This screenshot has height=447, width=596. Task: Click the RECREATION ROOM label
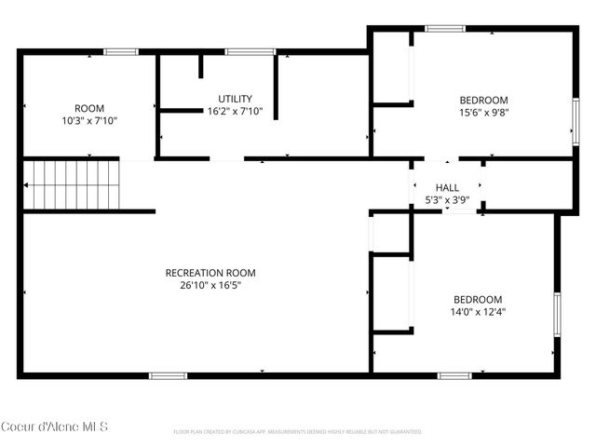click(210, 273)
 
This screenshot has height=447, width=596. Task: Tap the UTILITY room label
click(235, 99)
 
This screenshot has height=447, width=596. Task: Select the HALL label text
click(447, 187)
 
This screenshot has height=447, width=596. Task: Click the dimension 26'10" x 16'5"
click(210, 285)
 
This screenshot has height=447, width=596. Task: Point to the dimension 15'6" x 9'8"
click(483, 113)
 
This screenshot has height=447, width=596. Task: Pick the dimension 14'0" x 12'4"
click(477, 312)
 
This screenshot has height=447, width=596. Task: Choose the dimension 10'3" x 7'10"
click(88, 120)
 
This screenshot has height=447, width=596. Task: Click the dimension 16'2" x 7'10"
click(235, 111)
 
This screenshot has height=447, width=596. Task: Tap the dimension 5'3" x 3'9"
click(447, 199)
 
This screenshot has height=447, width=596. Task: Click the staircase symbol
click(73, 184)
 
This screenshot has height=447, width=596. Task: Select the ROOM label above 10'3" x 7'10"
click(88, 108)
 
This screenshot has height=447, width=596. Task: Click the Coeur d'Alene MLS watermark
click(54, 427)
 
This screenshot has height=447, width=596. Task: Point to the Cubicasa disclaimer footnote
click(298, 432)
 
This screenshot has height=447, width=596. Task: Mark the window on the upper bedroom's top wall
click(445, 29)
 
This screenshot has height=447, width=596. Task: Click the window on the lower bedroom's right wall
click(558, 315)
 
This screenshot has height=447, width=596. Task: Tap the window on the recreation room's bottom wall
click(168, 375)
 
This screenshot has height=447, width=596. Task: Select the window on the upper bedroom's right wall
click(575, 118)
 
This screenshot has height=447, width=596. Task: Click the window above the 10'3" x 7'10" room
click(121, 52)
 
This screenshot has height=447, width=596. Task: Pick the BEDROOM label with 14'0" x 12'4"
click(477, 299)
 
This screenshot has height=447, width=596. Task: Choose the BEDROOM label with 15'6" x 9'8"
click(483, 101)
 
